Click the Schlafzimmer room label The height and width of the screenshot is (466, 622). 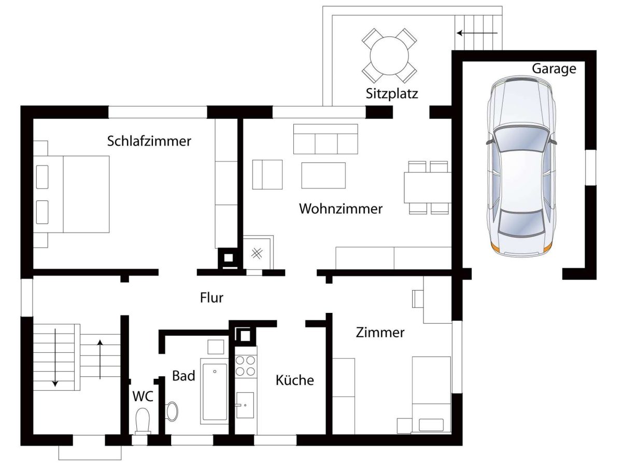(149, 141)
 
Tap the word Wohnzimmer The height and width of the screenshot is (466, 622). (341, 209)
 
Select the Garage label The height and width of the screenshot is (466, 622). (554, 69)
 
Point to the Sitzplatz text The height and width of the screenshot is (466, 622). (392, 93)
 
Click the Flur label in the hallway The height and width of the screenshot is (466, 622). (211, 297)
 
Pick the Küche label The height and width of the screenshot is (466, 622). (295, 380)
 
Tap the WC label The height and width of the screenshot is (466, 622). (143, 396)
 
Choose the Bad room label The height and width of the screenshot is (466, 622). (183, 376)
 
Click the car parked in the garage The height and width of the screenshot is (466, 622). (521, 167)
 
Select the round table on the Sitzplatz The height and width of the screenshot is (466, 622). (389, 56)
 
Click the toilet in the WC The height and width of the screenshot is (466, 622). (143, 421)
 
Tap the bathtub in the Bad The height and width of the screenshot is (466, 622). (215, 392)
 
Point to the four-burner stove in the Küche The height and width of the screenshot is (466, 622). (245, 366)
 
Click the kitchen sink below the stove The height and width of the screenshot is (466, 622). (245, 405)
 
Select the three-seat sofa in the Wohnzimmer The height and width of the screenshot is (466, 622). (326, 139)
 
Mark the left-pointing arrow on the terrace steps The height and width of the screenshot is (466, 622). (477, 33)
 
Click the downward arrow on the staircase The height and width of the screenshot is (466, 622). (55, 358)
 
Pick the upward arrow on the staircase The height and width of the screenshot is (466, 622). (100, 359)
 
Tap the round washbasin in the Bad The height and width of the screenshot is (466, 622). (172, 412)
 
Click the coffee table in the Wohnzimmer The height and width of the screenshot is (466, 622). (323, 175)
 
